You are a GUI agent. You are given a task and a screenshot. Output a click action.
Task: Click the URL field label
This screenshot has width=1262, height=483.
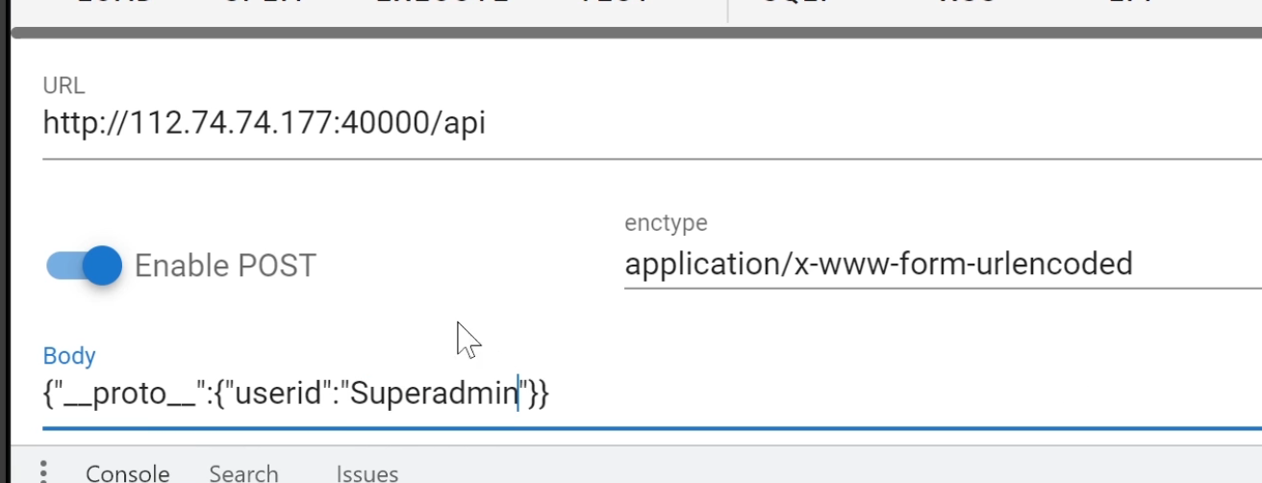coord(63,86)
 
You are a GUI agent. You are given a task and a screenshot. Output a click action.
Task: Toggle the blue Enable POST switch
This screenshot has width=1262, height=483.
coord(85,266)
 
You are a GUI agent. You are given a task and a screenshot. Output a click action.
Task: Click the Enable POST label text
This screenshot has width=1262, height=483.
coord(224,266)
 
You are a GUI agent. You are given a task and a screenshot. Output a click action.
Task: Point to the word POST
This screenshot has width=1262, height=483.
coord(279,266)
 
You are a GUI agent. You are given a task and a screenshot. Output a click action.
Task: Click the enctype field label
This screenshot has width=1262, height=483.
coord(666,223)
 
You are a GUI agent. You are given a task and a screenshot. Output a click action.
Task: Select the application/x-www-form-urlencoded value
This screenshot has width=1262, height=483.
coord(877,264)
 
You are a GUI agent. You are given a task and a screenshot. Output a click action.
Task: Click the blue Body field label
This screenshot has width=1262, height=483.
coord(69,356)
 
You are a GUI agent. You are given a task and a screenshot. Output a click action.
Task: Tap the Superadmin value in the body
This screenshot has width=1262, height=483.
coord(433,394)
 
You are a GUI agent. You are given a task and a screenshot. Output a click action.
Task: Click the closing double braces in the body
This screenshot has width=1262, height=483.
coord(539,394)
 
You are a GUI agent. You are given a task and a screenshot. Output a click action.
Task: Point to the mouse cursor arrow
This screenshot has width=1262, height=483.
coord(467,339)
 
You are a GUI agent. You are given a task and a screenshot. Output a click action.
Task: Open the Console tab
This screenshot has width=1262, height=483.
coord(127,473)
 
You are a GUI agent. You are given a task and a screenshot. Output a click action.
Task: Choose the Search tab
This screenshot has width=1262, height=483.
coord(243,473)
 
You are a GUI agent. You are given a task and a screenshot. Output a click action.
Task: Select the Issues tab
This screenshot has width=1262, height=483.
coord(366,473)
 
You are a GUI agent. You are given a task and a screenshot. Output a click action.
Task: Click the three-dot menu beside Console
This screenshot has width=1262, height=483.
coord(42,471)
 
